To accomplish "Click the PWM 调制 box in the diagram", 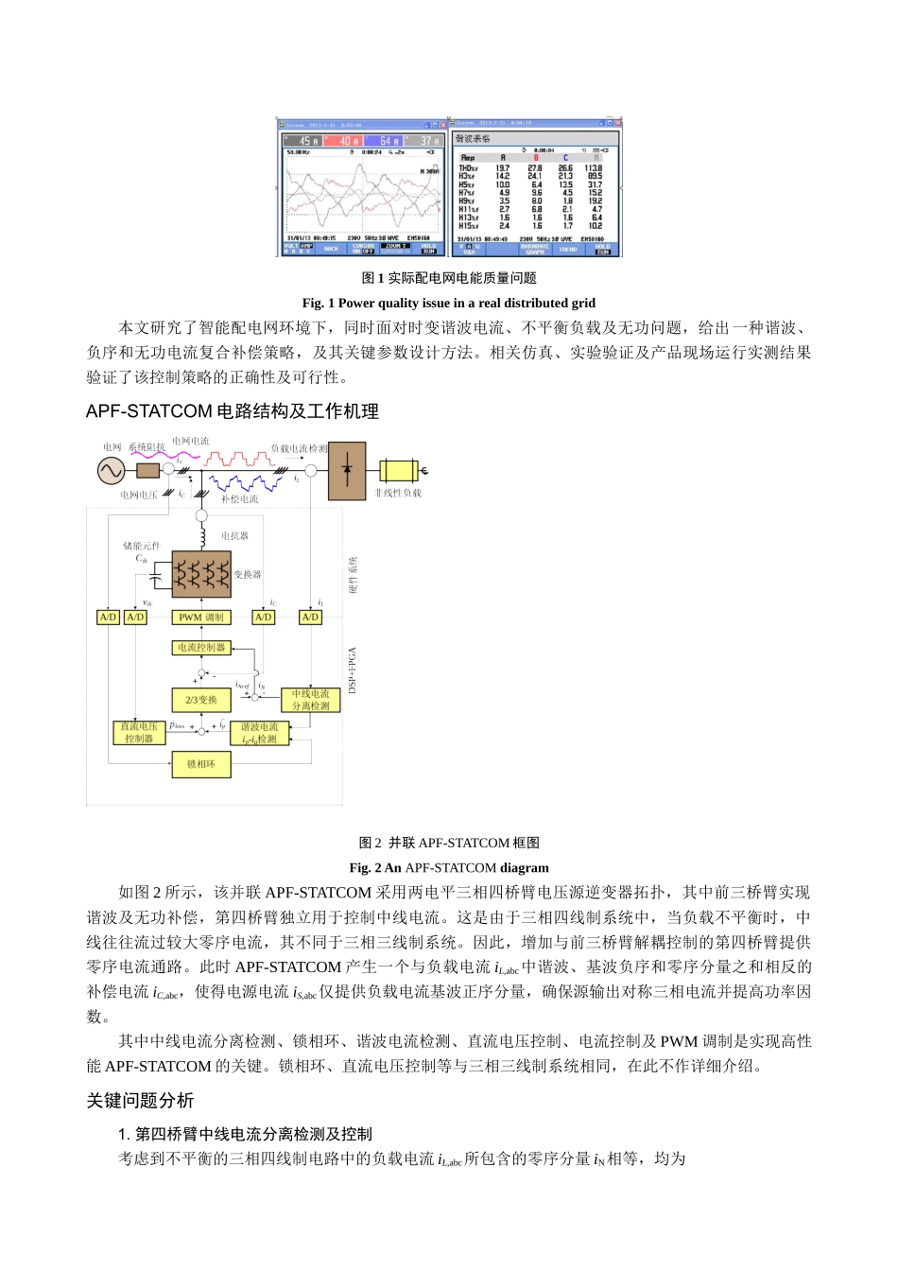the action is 201,618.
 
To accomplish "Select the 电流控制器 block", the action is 201,648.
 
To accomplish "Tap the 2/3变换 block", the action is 201,700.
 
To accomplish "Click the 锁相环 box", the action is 201,764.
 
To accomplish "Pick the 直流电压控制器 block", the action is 139,733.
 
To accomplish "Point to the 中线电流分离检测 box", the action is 310,700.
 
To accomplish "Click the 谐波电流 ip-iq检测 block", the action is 259,733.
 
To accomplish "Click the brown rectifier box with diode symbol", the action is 347,470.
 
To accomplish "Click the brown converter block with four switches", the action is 201,573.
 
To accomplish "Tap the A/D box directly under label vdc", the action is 135,618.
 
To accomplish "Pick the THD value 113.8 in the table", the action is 594,168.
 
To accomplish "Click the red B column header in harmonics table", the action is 535,158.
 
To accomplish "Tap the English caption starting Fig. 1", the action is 448,304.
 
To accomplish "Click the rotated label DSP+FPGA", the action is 353,670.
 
